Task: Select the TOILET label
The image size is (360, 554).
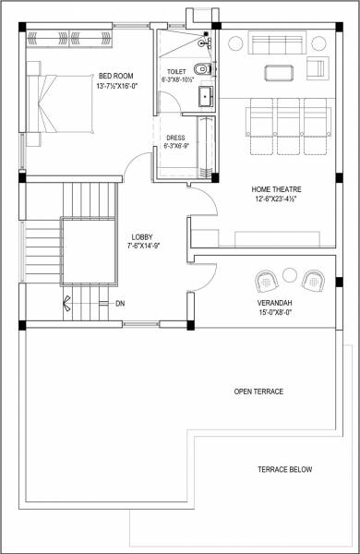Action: click(x=176, y=71)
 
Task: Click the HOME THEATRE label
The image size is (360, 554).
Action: click(x=279, y=189)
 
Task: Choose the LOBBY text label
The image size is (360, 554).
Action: click(x=142, y=236)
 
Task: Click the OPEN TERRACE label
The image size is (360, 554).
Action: click(x=258, y=391)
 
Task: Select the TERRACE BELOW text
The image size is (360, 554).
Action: click(x=284, y=470)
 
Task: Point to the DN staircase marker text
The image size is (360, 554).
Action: click(x=120, y=304)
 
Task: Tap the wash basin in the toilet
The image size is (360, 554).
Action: click(x=206, y=98)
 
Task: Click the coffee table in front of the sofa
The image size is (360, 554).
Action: click(x=278, y=73)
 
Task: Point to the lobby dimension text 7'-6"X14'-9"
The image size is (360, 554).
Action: click(x=142, y=247)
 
